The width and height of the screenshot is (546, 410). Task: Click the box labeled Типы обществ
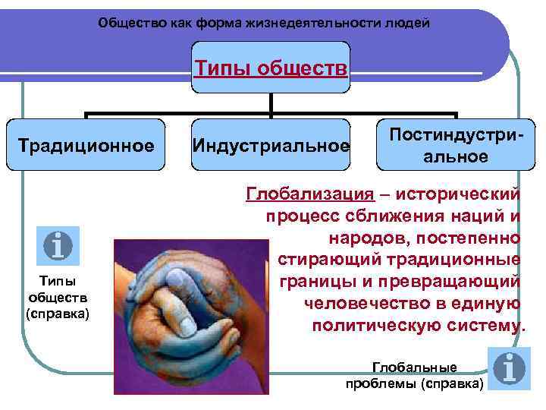pos(271,69)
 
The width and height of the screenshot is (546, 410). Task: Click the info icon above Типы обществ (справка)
pos(58,245)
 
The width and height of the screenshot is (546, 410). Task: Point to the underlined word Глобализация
pos(309,194)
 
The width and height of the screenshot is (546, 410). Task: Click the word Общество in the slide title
pos(126,24)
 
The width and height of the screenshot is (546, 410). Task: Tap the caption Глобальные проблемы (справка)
pos(413,375)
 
